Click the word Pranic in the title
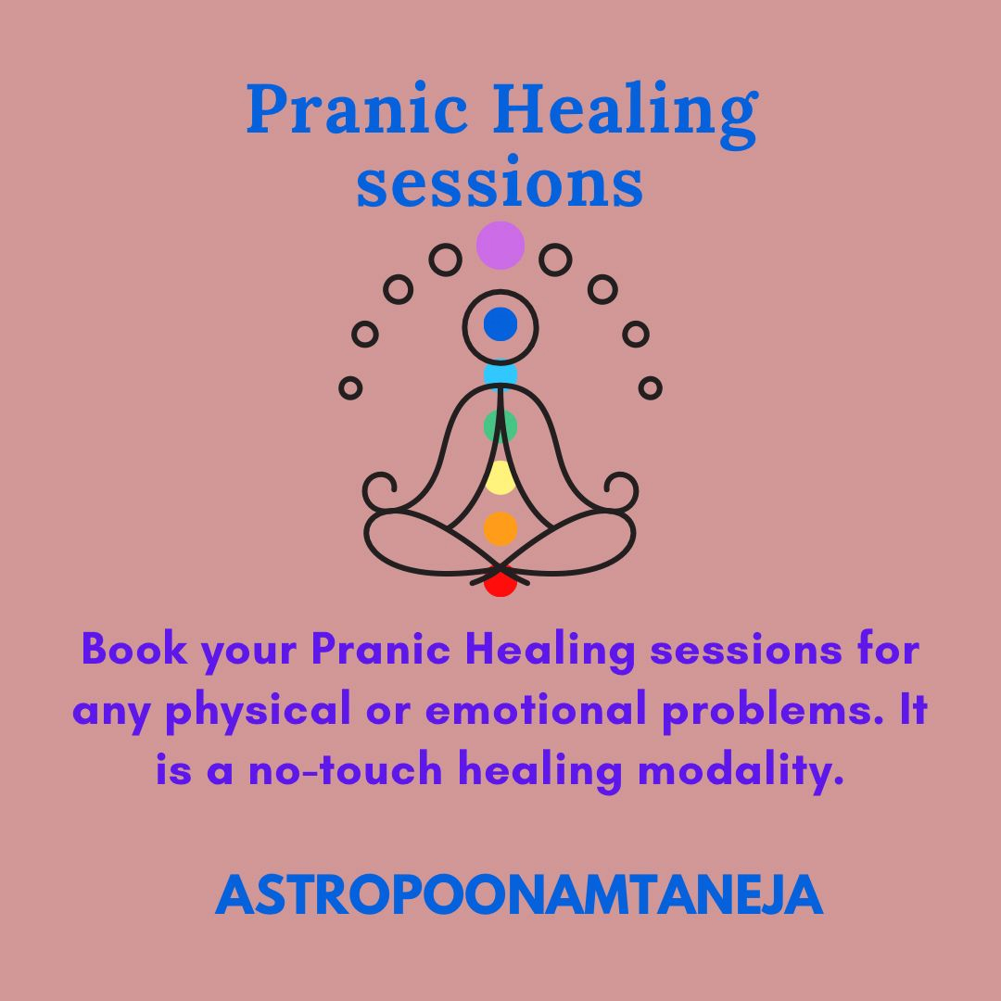coord(358,108)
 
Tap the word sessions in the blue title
coord(500,183)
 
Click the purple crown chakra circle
coord(500,245)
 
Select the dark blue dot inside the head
coord(500,324)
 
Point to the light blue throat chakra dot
coord(500,374)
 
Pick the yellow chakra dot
coord(500,477)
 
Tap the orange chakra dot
coord(500,528)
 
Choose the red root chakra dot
coord(500,582)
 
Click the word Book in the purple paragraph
coord(134,649)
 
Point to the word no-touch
coord(346,769)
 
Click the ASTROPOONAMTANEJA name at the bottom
coord(518,895)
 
